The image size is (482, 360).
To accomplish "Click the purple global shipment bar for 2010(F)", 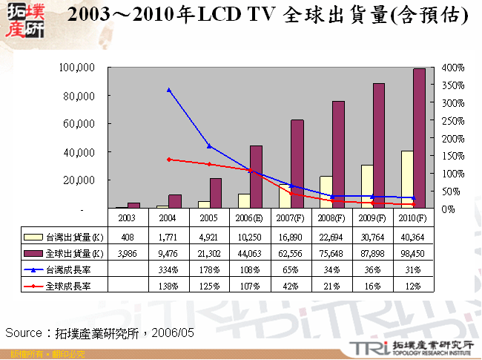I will coord(418,138).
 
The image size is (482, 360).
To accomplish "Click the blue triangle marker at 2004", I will coord(169,90).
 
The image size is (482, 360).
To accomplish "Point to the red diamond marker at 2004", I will coord(169,160).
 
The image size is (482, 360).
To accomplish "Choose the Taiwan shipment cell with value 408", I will coord(128,238).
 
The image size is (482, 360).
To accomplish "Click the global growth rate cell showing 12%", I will coord(412,285).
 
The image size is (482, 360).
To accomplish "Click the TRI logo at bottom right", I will coord(362,347).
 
